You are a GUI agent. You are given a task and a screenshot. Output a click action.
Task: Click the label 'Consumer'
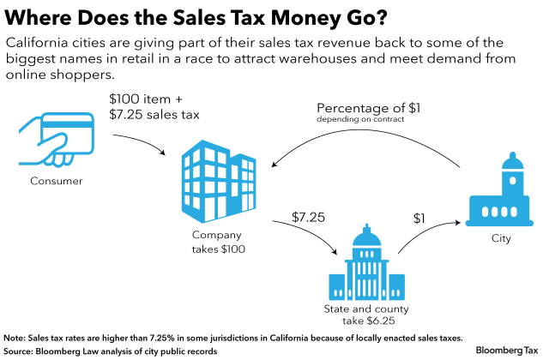point(56,181)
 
